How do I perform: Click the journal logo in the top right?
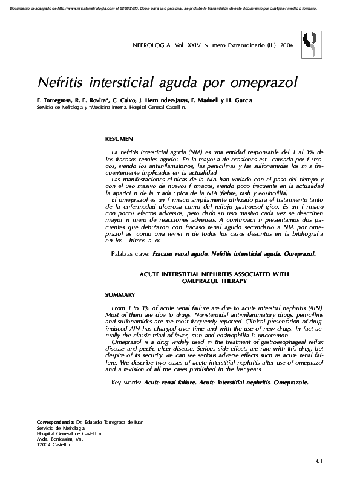pos(313,44)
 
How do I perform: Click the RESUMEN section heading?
pos(119,139)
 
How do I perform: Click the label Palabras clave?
pos(131,255)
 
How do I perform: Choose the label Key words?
pos(126,383)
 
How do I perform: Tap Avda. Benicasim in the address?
pos(57,439)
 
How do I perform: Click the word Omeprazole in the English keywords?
pos(287,383)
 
